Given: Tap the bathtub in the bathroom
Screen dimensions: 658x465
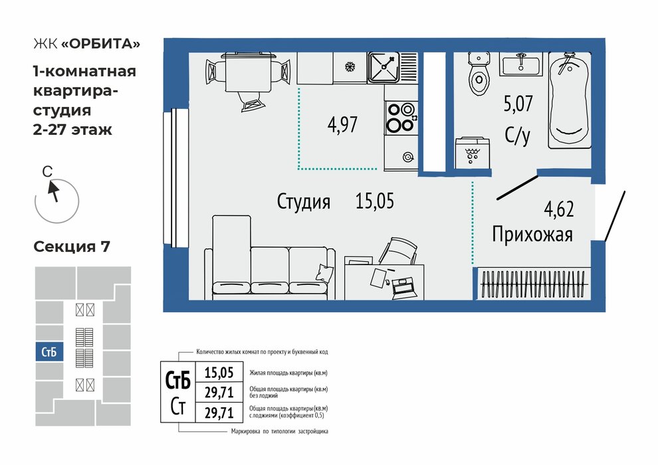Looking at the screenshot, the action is pos(570,100).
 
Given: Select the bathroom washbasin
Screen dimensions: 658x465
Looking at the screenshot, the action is pos(520,64).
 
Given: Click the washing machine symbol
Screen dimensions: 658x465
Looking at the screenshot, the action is pos(473,153).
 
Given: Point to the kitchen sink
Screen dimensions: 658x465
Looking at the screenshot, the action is pos(384,67).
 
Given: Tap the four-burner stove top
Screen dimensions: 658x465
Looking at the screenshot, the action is pos(401,118).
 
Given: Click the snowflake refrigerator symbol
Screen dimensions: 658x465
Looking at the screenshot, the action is pos(349,66).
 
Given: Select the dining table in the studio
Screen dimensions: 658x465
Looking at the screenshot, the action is pos(249,72).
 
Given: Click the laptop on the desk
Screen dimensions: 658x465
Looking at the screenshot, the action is pos(402,288).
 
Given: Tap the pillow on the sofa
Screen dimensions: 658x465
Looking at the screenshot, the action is pos(324,272).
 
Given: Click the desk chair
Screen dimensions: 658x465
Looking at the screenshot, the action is pos(397,251).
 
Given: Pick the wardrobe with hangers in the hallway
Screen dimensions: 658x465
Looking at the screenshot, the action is pos(532,284).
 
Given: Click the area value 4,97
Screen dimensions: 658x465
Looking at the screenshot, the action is pos(342,125).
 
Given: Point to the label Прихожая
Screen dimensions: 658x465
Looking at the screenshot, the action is pos(532,234).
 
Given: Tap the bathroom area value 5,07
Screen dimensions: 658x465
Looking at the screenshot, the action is pos(518,104).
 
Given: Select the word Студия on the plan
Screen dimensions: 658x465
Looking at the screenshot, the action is pos(303,201).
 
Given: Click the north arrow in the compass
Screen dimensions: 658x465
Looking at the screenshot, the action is pos(53,191).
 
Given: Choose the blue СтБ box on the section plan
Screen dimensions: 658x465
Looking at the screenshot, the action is pos(49,352).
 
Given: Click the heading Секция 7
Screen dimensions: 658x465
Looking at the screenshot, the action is pos(72,246).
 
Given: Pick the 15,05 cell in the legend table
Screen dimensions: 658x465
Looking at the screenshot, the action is pos(219,372).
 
